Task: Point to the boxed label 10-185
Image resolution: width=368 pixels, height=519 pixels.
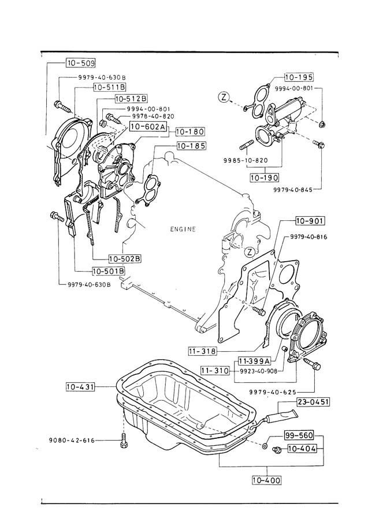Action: point(191,146)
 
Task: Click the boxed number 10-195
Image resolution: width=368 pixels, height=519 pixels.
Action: point(298,77)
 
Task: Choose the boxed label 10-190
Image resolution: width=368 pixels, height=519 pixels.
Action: point(265,178)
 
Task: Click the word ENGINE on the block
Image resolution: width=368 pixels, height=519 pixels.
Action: point(183,229)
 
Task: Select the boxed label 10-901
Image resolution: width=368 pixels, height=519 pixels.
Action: point(310,221)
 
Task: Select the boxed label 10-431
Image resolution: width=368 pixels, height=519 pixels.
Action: point(80,385)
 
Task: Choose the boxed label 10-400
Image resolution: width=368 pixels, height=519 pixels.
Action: point(266,479)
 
